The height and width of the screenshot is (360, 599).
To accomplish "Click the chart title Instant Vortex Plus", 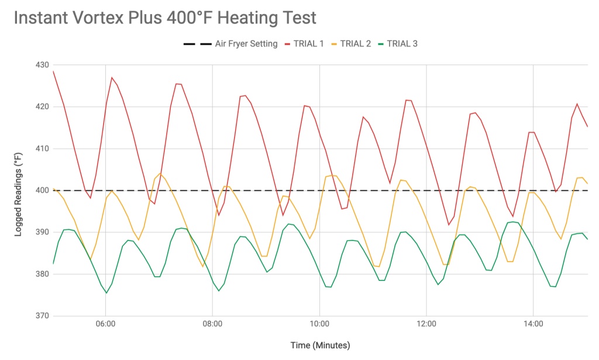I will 164,18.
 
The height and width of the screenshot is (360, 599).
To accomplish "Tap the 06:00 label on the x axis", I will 105,324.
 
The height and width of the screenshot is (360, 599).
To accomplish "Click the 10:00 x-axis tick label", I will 319,324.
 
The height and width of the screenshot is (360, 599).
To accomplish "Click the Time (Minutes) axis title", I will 320,345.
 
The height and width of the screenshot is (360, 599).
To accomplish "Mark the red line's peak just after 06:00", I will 112,77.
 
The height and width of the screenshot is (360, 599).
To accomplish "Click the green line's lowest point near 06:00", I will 106,293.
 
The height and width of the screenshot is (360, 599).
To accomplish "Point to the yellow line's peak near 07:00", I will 160,173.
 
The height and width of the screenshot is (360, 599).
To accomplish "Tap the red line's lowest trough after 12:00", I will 449,225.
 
